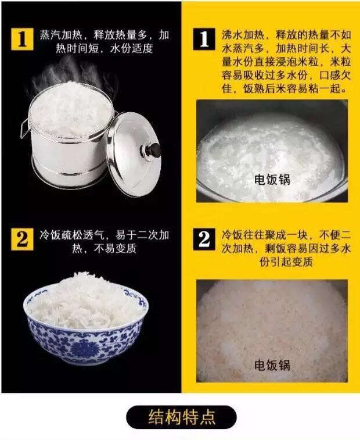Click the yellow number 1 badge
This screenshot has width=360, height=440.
pyautogui.click(x=22, y=39)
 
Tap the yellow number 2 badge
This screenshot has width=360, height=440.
pyautogui.click(x=22, y=239)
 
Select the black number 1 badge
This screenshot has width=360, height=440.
pyautogui.click(x=204, y=39)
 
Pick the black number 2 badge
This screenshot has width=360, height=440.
pyautogui.click(x=204, y=239)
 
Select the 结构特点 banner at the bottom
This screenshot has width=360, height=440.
pyautogui.click(x=181, y=417)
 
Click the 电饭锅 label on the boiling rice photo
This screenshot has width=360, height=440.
pyautogui.click(x=272, y=180)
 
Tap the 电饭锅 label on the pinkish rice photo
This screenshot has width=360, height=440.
pyautogui.click(x=272, y=365)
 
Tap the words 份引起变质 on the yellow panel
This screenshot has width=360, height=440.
pyautogui.click(x=286, y=262)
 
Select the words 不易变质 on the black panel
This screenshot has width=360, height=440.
pyautogui.click(x=115, y=249)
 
